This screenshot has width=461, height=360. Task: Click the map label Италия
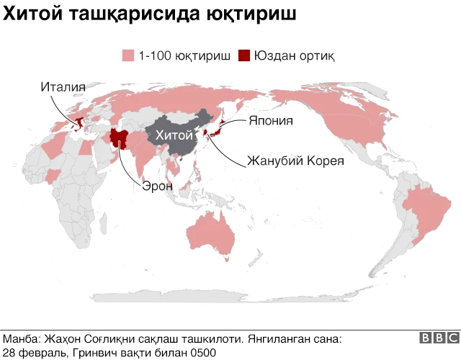[x=63, y=87]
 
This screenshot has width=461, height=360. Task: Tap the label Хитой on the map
[x=170, y=135]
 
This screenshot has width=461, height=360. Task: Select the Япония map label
[x=270, y=120]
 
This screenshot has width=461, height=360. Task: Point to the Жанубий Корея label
[x=295, y=160]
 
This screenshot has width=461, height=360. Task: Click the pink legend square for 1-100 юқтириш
[x=129, y=55]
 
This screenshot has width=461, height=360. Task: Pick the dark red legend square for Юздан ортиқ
[x=245, y=55]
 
